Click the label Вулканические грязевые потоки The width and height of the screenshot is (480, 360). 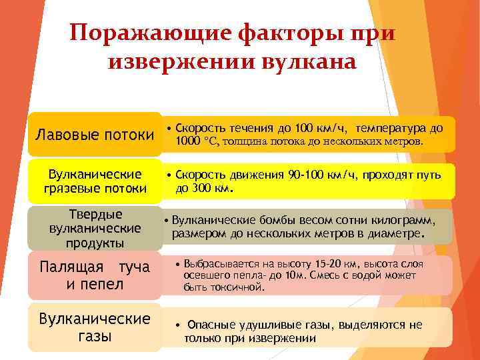tap(94, 181)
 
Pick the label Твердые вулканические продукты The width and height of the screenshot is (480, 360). tap(95, 227)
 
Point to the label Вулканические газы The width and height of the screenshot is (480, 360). tap(94, 327)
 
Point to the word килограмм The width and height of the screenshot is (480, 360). tap(405, 221)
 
